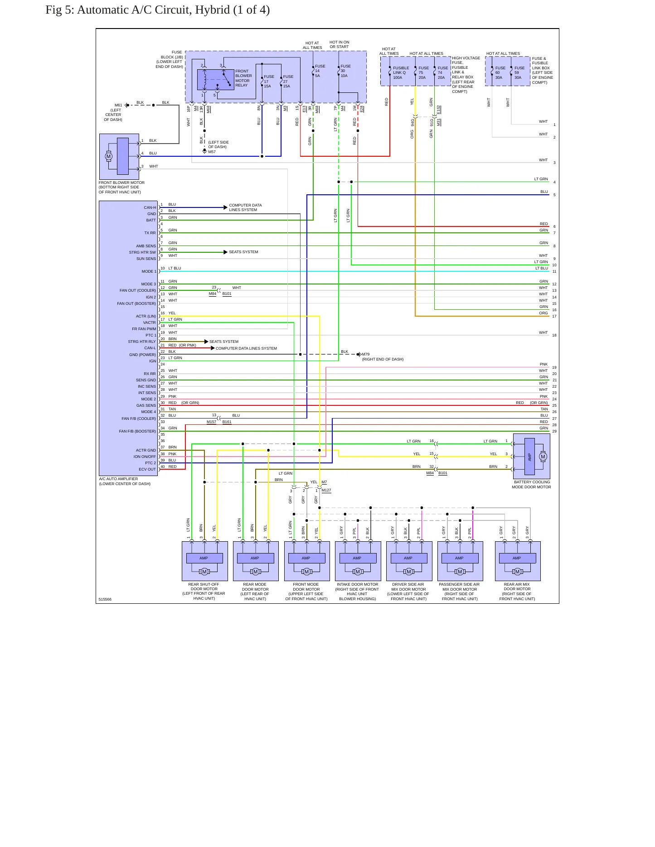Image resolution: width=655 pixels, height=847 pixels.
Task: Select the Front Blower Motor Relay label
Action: [x=243, y=78]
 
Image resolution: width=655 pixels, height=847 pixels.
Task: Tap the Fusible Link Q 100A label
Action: [x=401, y=72]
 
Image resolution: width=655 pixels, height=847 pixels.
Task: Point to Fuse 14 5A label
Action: [x=320, y=71]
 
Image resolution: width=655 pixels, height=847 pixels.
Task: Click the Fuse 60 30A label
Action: [x=500, y=72]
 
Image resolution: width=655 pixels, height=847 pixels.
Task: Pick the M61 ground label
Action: [x=118, y=105]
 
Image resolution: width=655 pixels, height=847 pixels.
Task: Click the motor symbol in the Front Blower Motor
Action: [x=108, y=156]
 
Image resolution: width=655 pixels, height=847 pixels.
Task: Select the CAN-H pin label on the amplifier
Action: [x=150, y=207]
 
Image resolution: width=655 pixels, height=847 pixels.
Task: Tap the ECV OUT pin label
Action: [x=147, y=469]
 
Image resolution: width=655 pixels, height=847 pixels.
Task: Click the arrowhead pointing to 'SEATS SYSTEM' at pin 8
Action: [x=226, y=252]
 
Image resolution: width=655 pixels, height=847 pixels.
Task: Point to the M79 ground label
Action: [x=366, y=354]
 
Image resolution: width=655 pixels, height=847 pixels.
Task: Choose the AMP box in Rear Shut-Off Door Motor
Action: [x=204, y=558]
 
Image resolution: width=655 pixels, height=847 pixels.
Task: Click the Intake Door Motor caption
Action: [x=357, y=592]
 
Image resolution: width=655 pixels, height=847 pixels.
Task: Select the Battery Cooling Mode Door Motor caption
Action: [x=532, y=485]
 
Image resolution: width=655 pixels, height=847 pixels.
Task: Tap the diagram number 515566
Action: [x=105, y=599]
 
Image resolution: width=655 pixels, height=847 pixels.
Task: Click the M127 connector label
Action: [x=326, y=490]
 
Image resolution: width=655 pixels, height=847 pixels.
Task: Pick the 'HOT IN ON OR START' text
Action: [x=340, y=44]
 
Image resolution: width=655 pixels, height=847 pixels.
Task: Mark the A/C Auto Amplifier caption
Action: [x=125, y=481]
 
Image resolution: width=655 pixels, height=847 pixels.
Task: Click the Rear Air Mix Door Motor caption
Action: [x=517, y=592]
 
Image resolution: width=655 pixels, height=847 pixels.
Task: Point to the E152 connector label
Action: [x=439, y=110]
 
